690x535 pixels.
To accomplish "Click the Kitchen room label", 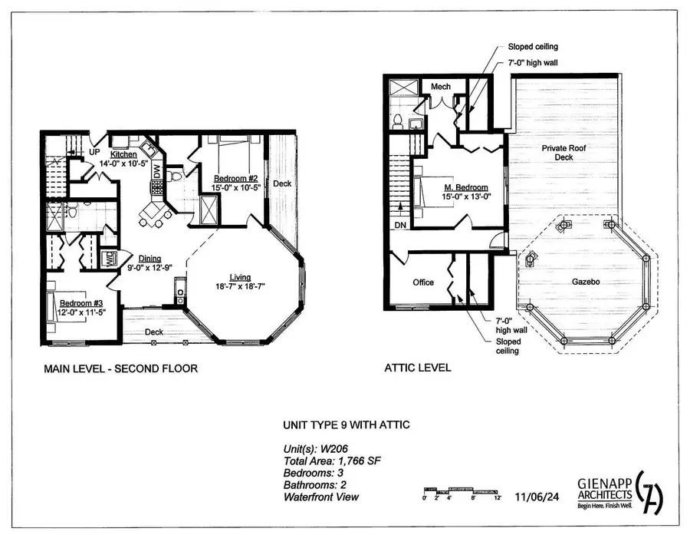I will [123, 154].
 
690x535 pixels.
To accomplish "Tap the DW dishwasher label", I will [157, 172].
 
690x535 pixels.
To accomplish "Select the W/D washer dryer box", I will [110, 259].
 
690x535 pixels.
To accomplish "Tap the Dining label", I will [149, 258].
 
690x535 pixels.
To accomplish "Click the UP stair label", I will [94, 153].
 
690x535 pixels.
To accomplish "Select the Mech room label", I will [440, 87].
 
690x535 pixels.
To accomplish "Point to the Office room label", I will [423, 282].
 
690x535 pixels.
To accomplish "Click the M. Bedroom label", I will [467, 187].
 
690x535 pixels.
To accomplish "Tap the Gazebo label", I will [585, 282].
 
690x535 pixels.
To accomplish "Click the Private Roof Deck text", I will [558, 151].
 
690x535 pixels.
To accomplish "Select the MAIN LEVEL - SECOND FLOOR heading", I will [121, 368].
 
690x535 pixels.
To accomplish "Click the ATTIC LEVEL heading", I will [417, 368].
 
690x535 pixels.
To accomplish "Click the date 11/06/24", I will [538, 497].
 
